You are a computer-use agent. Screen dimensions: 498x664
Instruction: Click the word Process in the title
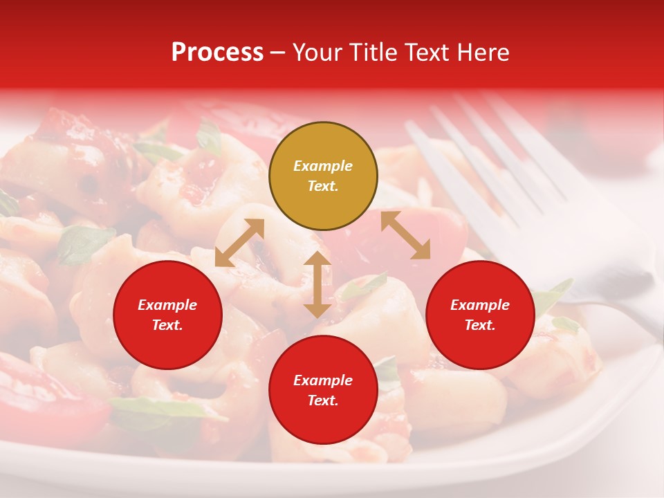pos(217,53)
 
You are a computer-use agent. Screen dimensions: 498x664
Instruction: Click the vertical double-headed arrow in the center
pos(317,284)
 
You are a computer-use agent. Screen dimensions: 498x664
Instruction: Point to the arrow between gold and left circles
pos(239,243)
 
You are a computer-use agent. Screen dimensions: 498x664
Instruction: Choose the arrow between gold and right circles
pos(405,234)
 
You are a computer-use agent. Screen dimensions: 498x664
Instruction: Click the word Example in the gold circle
pos(323,166)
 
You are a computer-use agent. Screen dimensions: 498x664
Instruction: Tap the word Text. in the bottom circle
pos(323,400)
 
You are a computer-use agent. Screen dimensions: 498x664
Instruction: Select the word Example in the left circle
pos(167,305)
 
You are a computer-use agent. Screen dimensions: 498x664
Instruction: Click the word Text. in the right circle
pos(480,325)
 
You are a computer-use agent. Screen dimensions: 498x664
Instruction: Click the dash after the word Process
pos(277,53)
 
